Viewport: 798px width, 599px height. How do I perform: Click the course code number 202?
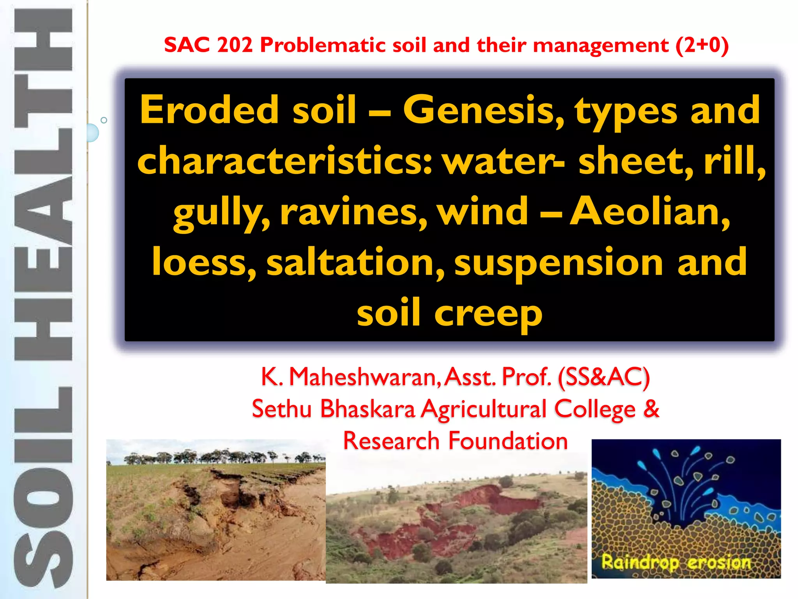pyautogui.click(x=235, y=45)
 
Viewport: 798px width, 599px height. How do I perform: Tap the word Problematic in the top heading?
pyautogui.click(x=323, y=45)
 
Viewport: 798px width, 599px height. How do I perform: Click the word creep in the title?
pyautogui.click(x=488, y=313)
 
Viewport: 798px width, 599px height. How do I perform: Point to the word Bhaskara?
pyautogui.click(x=368, y=409)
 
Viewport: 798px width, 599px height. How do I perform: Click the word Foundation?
pyautogui.click(x=508, y=441)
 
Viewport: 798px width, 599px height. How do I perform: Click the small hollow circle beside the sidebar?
pyautogui.click(x=104, y=120)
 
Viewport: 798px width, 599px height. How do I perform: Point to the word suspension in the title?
pyautogui.click(x=559, y=262)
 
